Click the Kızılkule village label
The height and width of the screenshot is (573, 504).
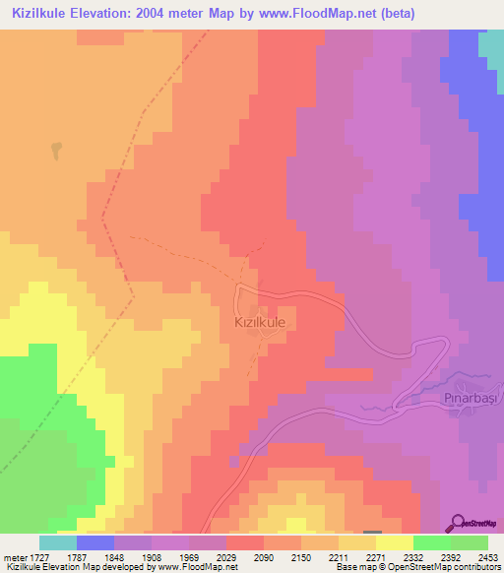point(260,321)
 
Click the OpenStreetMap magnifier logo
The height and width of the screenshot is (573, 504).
point(461,522)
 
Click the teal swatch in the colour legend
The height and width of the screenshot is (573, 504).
point(57,541)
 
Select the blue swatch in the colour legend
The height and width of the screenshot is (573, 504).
point(94,541)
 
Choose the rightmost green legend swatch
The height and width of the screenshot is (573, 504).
point(469,541)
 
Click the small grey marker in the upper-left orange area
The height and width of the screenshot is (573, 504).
point(55,151)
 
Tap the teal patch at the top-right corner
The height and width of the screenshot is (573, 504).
point(490,44)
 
